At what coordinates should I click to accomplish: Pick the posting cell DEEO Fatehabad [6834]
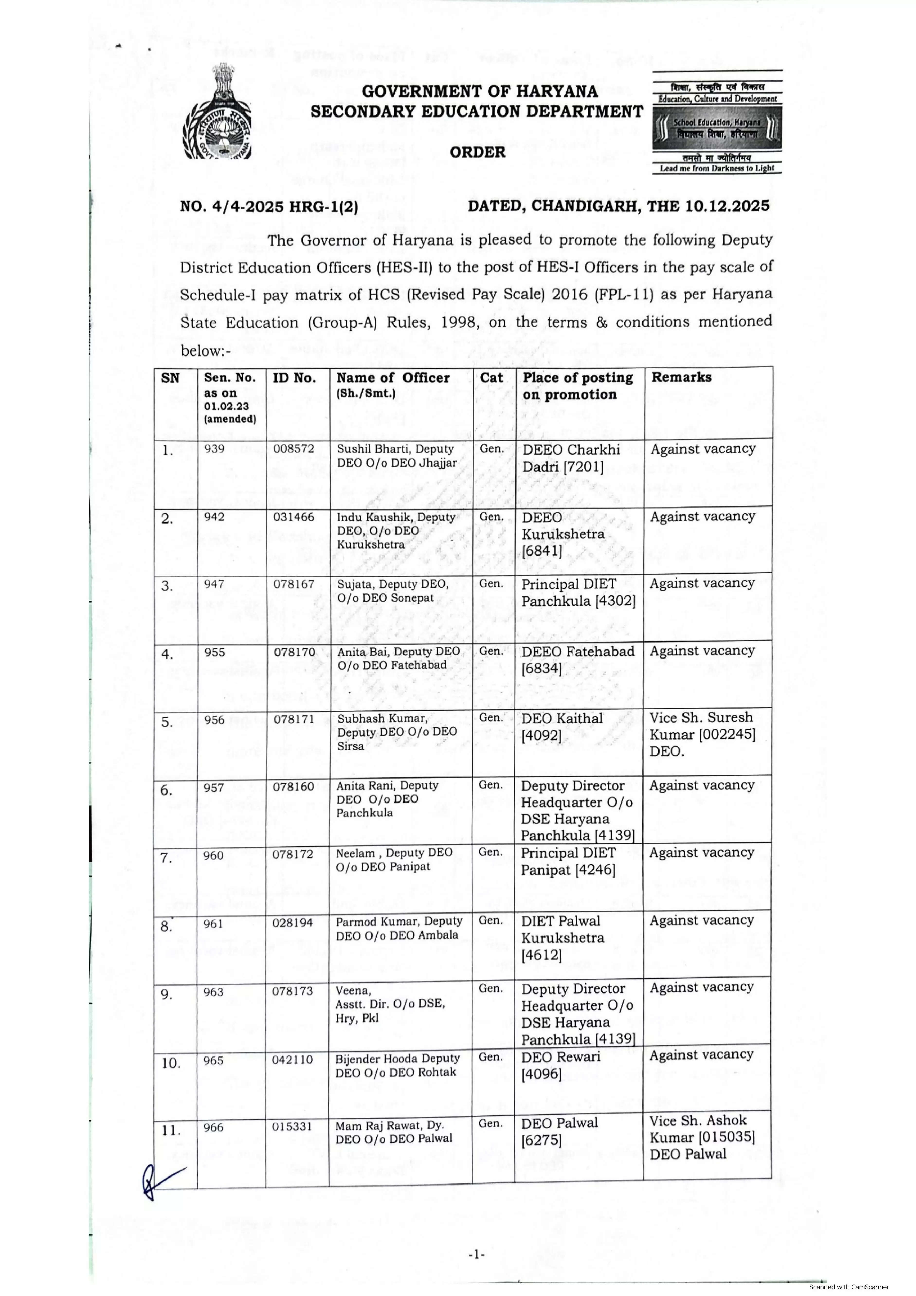pos(578,660)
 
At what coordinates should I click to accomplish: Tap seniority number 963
pos(214,992)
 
